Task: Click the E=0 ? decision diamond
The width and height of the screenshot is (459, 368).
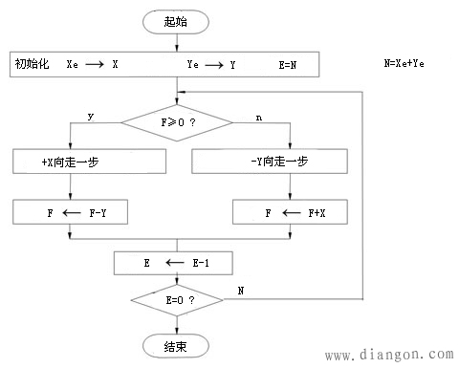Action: point(179,300)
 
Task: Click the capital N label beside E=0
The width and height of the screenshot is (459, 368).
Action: point(241,290)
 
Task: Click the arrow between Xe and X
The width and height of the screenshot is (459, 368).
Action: point(99,65)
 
